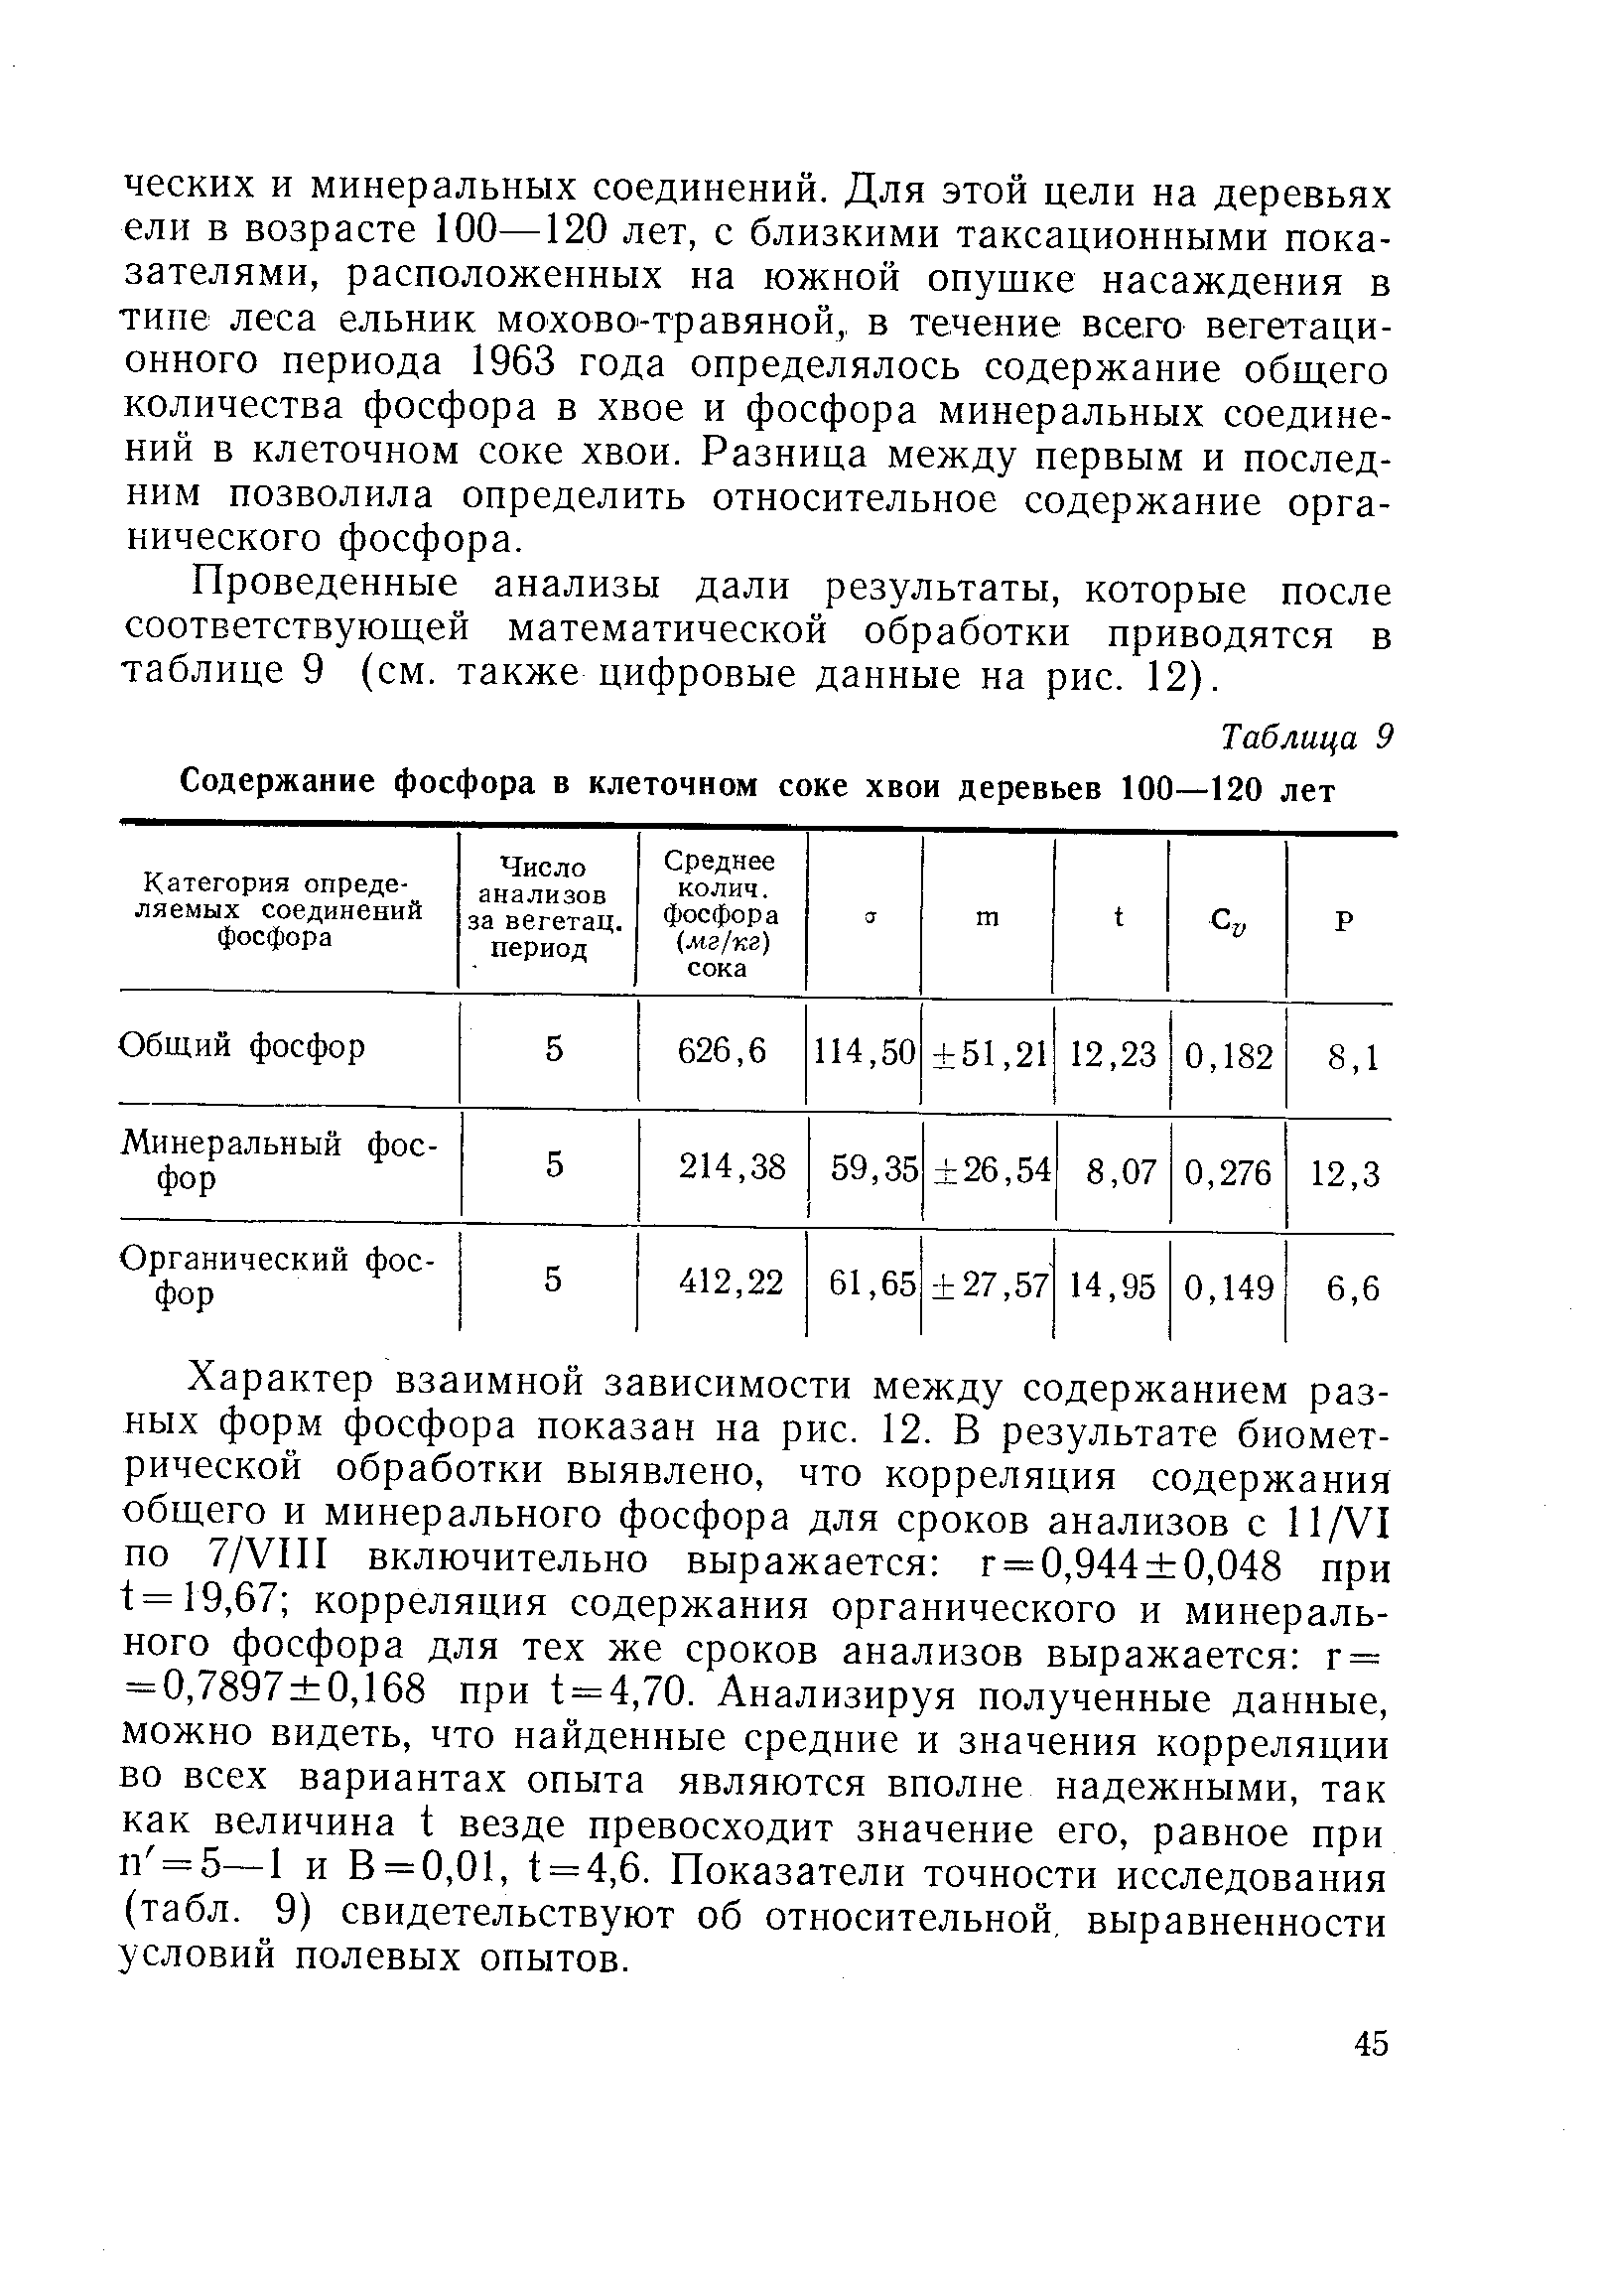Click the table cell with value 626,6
tap(722, 1051)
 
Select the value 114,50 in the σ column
tap(864, 1053)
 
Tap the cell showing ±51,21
tap(988, 1054)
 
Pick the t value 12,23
tap(1113, 1055)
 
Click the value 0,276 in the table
tap(1228, 1171)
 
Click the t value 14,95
tap(1113, 1287)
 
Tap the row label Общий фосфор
tap(242, 1046)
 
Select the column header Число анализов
tap(544, 908)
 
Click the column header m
tap(986, 917)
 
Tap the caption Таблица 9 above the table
tap(1304, 738)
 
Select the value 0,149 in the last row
tap(1228, 1288)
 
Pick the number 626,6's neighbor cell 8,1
tap(1352, 1057)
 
